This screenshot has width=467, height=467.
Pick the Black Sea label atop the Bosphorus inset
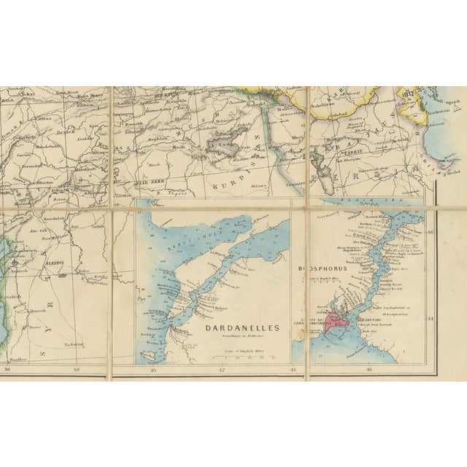point(372,200)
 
